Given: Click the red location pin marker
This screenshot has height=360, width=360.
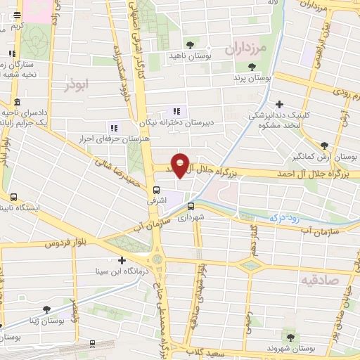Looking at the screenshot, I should (x=181, y=164).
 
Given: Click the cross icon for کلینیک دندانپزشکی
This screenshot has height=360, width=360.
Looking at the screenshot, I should (x=280, y=104).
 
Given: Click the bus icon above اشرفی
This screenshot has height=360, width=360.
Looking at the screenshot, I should (x=157, y=188).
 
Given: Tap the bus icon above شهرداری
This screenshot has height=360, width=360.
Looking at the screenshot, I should (x=191, y=206).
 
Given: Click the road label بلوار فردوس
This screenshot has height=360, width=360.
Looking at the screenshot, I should (x=61, y=243).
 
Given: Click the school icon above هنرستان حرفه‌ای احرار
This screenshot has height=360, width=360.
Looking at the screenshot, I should (x=113, y=128).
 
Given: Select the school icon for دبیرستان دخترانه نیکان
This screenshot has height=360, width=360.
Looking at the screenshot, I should (x=176, y=111).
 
